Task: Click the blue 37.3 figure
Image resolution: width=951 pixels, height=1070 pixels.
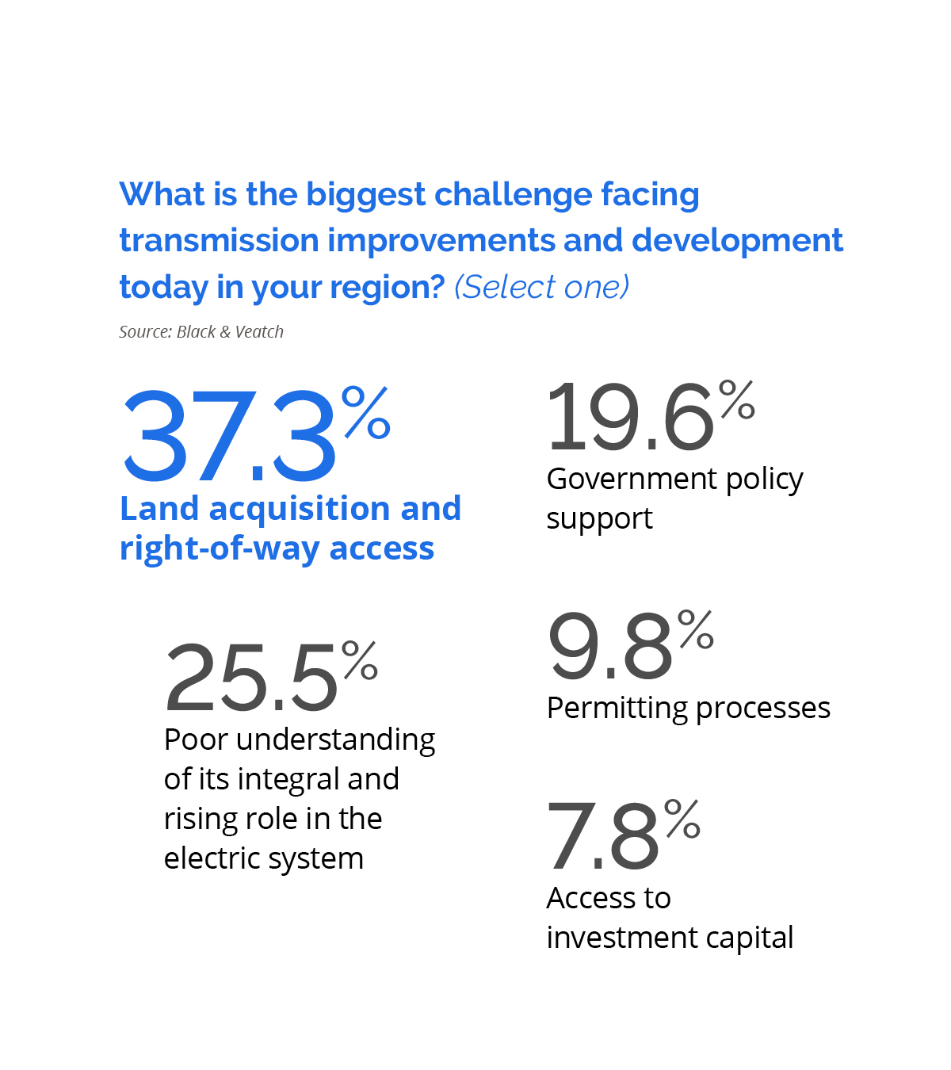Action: (x=230, y=436)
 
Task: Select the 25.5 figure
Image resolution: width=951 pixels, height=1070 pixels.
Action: (x=252, y=678)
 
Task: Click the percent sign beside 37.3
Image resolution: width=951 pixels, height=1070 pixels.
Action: (x=367, y=412)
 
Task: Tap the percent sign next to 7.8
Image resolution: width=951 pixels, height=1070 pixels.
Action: (x=682, y=818)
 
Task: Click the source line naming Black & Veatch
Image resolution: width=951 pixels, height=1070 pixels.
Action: (x=201, y=332)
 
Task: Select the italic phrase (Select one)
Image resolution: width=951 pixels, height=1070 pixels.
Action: (x=542, y=287)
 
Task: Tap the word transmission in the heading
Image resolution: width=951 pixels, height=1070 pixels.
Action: (x=219, y=241)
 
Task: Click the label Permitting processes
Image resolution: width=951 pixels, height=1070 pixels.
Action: (x=688, y=708)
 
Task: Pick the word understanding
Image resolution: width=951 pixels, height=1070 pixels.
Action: (x=336, y=739)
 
